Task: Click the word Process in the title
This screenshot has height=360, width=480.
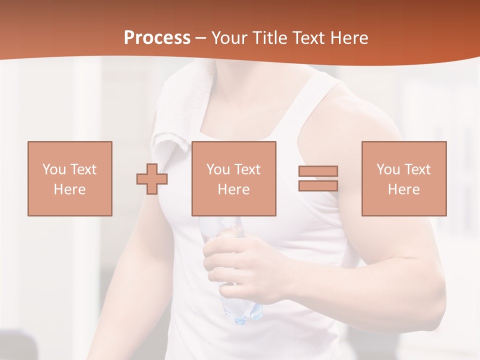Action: [157, 38]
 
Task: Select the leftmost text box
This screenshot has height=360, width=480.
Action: [69, 178]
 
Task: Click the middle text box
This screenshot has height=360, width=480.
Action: [233, 178]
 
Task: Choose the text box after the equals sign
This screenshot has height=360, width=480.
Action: [403, 178]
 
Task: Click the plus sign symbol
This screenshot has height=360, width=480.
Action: [152, 179]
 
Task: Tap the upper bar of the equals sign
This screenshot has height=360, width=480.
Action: [318, 171]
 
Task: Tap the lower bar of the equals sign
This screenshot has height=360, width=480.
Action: [318, 185]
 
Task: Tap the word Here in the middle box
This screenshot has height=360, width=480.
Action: [233, 189]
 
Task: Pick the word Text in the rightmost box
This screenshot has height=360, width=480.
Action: [417, 169]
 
